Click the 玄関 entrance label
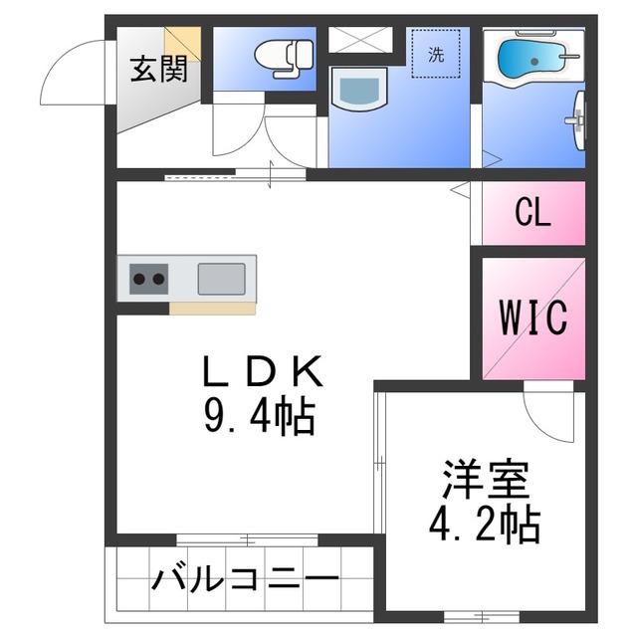click(159, 69)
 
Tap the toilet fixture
click(285, 58)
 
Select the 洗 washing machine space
click(436, 53)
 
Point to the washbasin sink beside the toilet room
click(359, 89)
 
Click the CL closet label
click(532, 213)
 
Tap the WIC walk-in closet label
click(533, 318)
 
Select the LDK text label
click(263, 371)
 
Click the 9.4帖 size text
click(260, 417)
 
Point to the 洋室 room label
click(486, 480)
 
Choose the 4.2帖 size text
click(485, 526)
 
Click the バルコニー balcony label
click(246, 578)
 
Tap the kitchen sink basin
click(221, 279)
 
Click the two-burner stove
click(148, 279)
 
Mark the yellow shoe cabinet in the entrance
click(183, 44)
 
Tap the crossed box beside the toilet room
click(360, 40)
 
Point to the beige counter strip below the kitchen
click(212, 309)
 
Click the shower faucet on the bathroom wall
click(577, 120)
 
